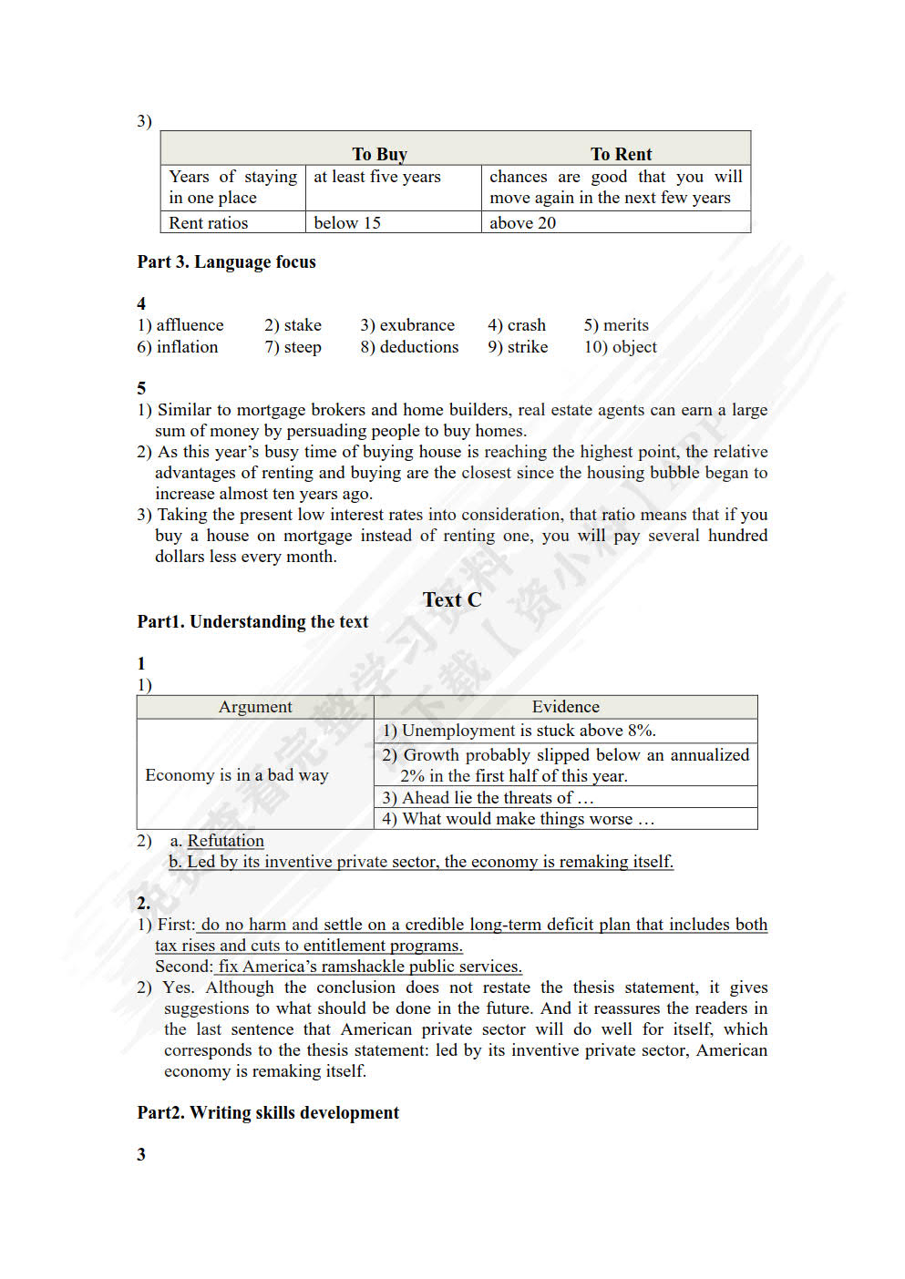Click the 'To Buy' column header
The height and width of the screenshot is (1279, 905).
(x=379, y=154)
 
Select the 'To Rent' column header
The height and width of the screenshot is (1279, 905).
(x=621, y=154)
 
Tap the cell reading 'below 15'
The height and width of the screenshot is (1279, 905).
(x=347, y=223)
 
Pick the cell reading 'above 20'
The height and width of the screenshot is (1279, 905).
(x=522, y=223)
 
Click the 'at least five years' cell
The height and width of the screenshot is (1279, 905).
(x=377, y=177)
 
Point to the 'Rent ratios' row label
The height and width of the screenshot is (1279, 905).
(x=209, y=223)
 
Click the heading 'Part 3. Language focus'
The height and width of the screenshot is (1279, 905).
(x=227, y=262)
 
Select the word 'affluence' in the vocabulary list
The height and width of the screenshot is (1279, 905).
(x=190, y=325)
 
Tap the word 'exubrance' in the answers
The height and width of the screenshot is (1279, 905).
(x=417, y=325)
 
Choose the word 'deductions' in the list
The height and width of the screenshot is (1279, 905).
(x=418, y=347)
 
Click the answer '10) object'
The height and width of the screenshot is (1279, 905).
(x=620, y=347)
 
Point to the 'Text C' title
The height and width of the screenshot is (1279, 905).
(x=452, y=599)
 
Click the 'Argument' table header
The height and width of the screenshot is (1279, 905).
(x=255, y=707)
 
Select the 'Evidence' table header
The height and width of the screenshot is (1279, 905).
(x=565, y=707)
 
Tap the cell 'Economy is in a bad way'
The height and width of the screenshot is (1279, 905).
(x=237, y=775)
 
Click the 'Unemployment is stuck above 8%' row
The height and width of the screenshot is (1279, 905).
(x=519, y=731)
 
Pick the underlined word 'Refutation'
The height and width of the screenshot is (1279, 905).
(x=225, y=841)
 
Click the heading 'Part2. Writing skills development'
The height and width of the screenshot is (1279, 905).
(x=268, y=1112)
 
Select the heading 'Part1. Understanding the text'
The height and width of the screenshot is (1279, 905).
(x=252, y=622)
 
